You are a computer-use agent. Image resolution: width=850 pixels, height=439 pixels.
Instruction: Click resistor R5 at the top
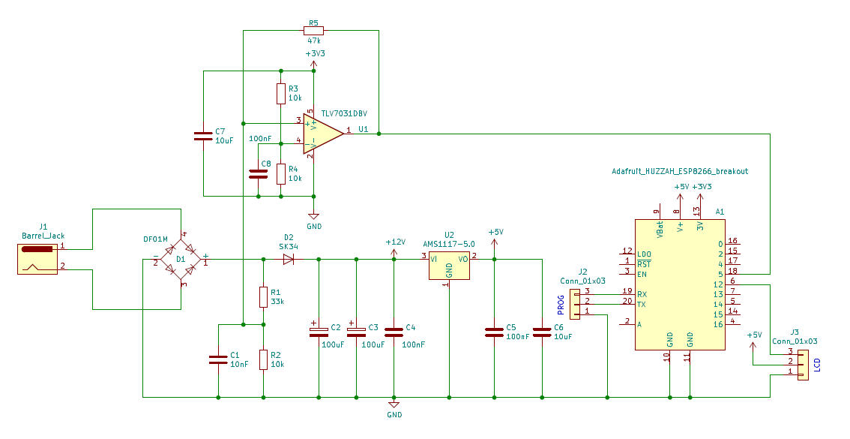pos(313,30)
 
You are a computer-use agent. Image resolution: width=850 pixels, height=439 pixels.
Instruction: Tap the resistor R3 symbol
pos(281,94)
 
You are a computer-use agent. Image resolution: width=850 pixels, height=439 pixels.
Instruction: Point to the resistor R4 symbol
pos(281,174)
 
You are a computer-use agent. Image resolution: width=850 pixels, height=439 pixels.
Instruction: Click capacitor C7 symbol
pos(203,136)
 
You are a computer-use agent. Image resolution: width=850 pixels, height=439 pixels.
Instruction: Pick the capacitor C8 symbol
pos(259,173)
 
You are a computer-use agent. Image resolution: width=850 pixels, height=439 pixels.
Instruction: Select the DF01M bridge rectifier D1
pos(181,260)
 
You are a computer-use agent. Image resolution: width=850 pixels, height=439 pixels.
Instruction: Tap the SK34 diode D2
pos(289,260)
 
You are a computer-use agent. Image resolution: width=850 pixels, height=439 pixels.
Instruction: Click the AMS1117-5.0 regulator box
pos(449,266)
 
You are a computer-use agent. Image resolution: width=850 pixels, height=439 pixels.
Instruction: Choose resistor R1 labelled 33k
pos(263,296)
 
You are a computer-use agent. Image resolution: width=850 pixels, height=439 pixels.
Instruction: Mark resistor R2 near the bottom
pos(263,359)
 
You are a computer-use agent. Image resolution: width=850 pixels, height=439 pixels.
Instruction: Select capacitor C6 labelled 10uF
pos(541,331)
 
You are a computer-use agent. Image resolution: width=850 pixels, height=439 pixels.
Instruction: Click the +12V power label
pos(395,242)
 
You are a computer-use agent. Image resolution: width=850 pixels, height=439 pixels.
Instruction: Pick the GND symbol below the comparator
pos(314,217)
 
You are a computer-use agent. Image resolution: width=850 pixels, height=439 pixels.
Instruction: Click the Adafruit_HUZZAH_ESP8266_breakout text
pos(680,172)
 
